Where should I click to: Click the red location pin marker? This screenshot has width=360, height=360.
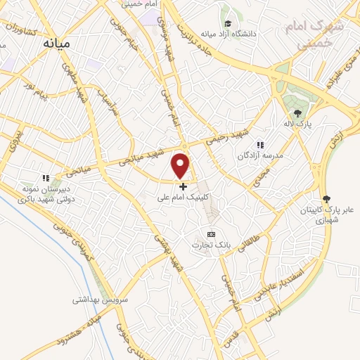181,166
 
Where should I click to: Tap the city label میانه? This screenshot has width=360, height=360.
58,43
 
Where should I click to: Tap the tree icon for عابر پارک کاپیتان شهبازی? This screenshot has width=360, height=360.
326,198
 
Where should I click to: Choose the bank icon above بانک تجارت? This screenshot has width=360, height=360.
210,233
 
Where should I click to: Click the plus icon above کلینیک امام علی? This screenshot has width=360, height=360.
184,187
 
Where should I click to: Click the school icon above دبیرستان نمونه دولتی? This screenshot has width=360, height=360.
46,179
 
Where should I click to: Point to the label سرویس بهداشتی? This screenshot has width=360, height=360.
98,300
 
